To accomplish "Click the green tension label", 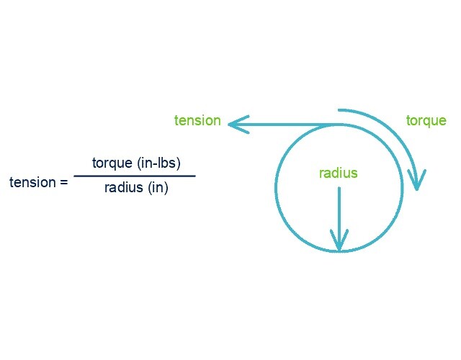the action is click(197, 120).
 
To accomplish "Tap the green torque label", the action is click(426, 120).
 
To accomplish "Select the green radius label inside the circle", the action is click(339, 174).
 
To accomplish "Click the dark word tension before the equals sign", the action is click(33, 182).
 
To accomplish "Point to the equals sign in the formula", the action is click(63, 183).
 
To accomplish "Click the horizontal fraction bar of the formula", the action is click(134, 176).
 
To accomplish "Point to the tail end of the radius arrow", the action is click(339, 189).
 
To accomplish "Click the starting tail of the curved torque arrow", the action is click(340, 110).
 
